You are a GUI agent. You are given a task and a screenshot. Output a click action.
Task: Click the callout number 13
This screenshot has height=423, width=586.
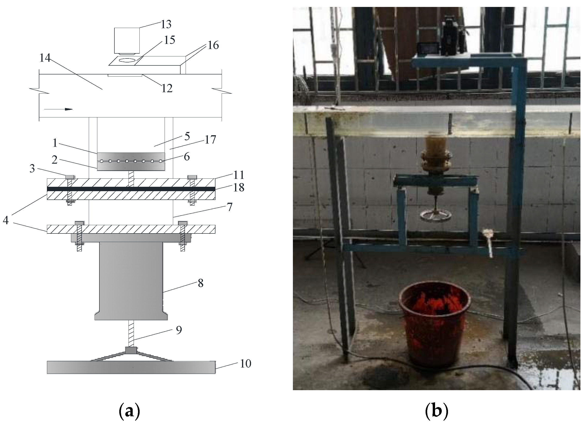(166, 24)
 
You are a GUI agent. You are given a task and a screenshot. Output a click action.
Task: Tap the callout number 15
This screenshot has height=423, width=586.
(169, 40)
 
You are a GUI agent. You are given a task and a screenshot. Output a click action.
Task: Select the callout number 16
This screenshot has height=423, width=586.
(213, 45)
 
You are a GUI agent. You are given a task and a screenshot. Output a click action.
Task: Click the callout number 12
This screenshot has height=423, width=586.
(167, 88)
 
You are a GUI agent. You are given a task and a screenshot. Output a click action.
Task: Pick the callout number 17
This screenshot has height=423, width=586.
(210, 140)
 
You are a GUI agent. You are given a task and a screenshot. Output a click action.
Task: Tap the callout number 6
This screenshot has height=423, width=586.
(186, 156)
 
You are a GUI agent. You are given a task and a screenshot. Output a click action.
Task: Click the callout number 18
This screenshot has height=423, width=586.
(239, 187)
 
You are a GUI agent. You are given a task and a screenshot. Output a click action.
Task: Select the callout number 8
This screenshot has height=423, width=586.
(200, 283)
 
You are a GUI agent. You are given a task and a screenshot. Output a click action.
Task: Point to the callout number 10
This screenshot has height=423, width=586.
(245, 364)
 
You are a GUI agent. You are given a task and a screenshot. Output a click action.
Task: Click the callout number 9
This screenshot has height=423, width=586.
(179, 330)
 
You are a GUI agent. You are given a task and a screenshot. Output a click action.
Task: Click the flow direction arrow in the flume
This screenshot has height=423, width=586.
(58, 109)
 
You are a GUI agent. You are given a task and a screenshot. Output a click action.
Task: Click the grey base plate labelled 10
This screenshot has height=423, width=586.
(131, 367)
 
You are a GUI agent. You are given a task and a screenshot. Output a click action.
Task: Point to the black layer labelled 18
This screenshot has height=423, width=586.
(131, 189)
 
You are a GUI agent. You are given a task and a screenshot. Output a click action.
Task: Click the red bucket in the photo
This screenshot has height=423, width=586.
(434, 323)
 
